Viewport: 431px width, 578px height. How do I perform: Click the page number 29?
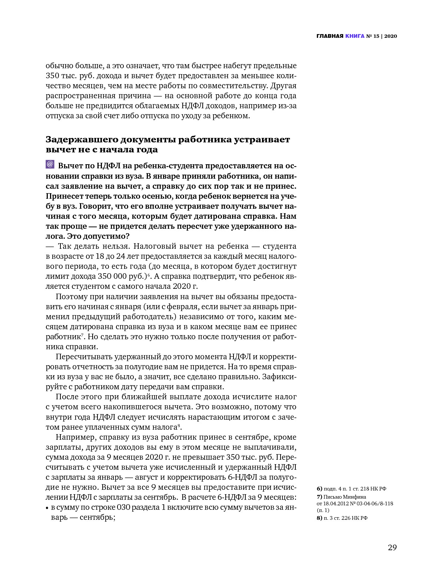pyautogui.click(x=392, y=548)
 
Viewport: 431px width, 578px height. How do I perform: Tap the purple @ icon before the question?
pyautogui.click(x=50, y=164)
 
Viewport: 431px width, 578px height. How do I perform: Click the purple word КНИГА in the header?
pyautogui.click(x=355, y=36)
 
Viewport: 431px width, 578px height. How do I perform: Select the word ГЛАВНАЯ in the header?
pyautogui.click(x=330, y=36)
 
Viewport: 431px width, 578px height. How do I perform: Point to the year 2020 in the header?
pyautogui.click(x=391, y=36)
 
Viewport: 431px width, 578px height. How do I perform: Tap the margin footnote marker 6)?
pyautogui.click(x=319, y=489)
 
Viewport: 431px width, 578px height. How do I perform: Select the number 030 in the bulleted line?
pyautogui.click(x=123, y=508)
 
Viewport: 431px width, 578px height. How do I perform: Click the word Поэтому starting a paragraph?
pyautogui.click(x=72, y=297)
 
